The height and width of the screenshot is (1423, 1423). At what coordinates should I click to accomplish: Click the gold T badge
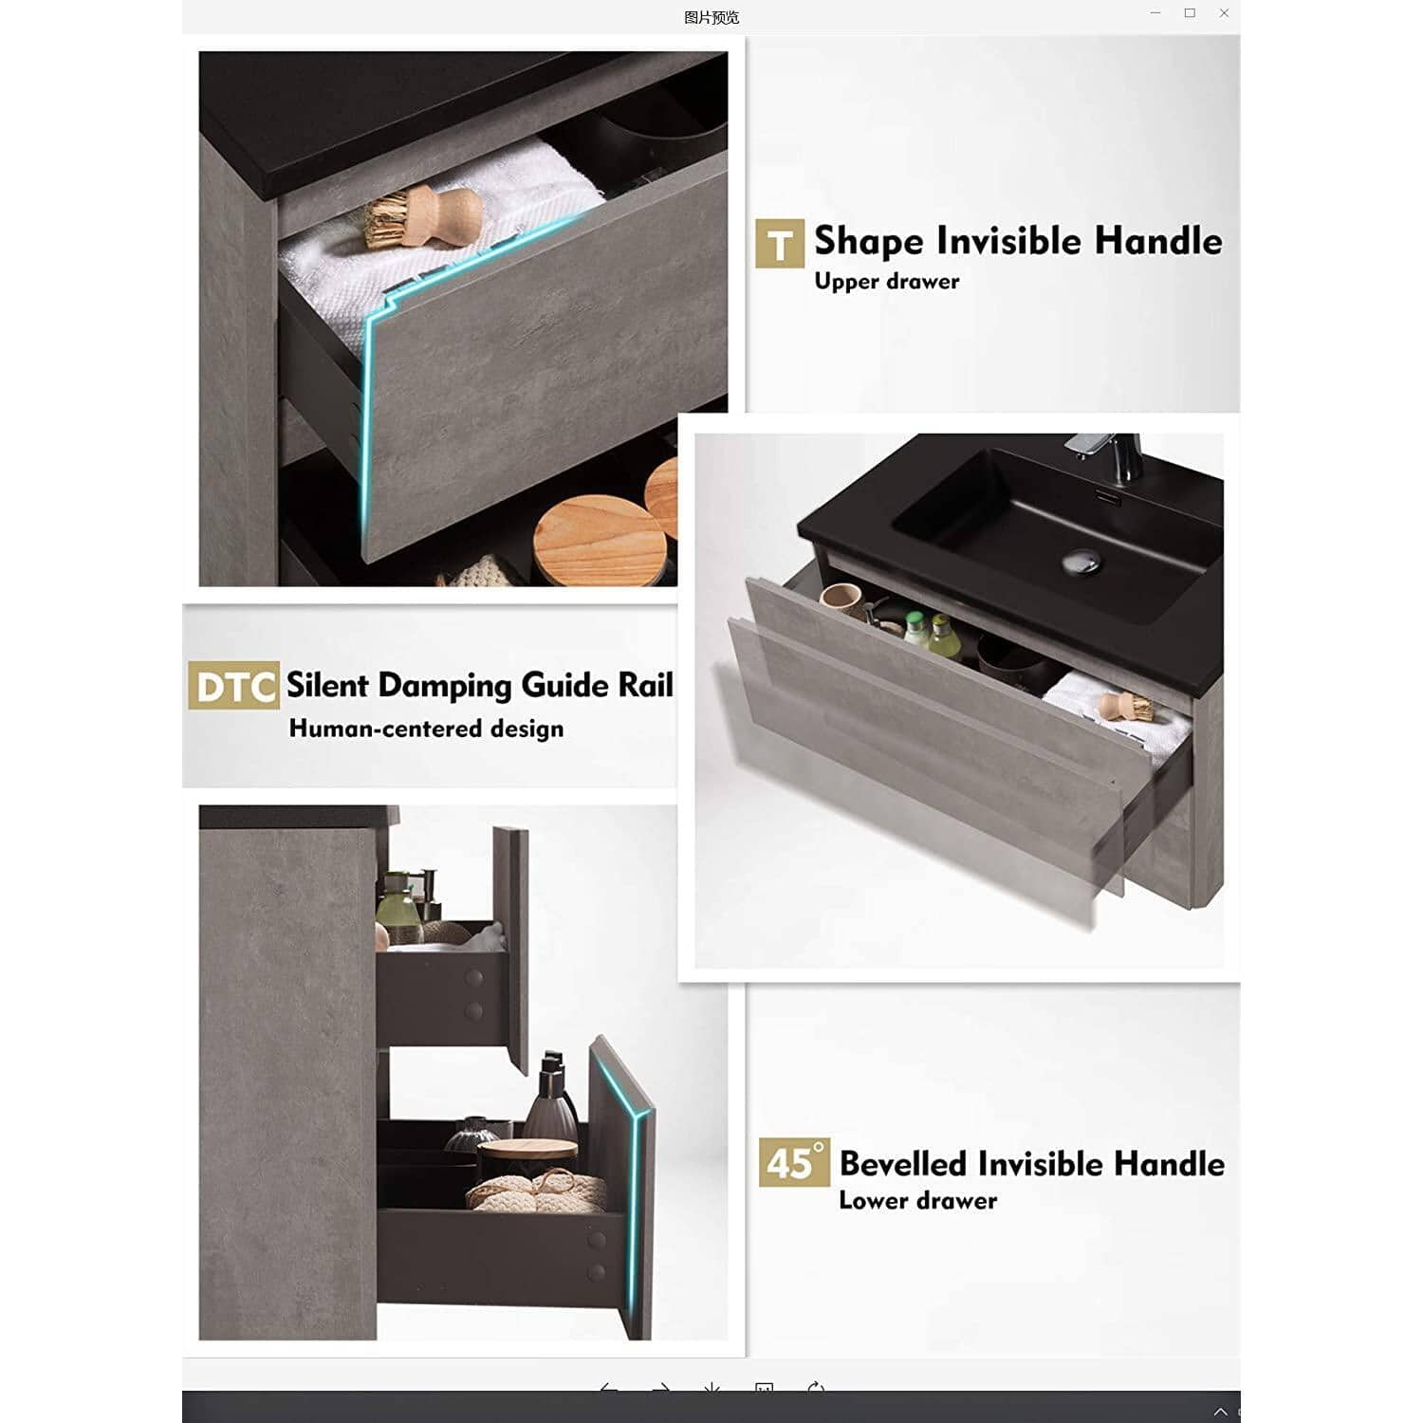pyautogui.click(x=780, y=244)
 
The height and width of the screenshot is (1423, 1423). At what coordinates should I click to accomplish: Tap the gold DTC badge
pyautogui.click(x=233, y=686)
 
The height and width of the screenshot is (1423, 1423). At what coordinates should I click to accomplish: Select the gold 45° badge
pyautogui.click(x=794, y=1162)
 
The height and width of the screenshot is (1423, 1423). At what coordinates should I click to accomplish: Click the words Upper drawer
pyautogui.click(x=887, y=282)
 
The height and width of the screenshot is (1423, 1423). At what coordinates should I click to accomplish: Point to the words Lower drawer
pyautogui.click(x=917, y=1200)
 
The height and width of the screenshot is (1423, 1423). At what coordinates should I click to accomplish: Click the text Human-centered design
pyautogui.click(x=426, y=729)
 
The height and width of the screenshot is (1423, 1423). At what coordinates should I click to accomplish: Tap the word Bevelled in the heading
pyautogui.click(x=903, y=1163)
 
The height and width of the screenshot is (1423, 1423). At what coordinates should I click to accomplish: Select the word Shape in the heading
pyautogui.click(x=869, y=241)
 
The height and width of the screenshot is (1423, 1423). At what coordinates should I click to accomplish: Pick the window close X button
pyautogui.click(x=1224, y=13)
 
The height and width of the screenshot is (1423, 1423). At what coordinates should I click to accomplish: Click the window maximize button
pyautogui.click(x=1190, y=13)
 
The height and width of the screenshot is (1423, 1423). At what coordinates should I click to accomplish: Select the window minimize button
pyautogui.click(x=1155, y=13)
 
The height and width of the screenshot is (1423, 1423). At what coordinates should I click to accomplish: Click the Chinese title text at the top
pyautogui.click(x=711, y=17)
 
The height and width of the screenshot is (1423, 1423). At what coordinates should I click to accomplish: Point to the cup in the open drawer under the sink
pyautogui.click(x=840, y=601)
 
